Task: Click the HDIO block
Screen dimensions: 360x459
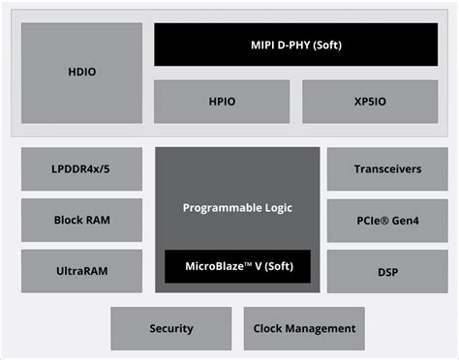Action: (x=81, y=72)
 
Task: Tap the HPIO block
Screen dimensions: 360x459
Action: (x=222, y=102)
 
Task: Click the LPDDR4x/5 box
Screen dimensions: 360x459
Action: (x=81, y=169)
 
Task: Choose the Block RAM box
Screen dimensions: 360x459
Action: (x=81, y=220)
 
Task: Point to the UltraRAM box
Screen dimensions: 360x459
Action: (x=81, y=271)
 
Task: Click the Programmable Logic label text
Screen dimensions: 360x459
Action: (x=237, y=208)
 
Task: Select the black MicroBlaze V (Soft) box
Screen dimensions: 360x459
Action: (x=237, y=266)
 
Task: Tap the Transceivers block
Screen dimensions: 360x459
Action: (x=387, y=169)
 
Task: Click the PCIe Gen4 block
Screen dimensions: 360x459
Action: (x=387, y=220)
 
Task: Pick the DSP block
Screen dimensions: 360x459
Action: (x=387, y=271)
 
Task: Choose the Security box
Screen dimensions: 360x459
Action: (x=171, y=329)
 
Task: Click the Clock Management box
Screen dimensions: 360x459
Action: (x=304, y=329)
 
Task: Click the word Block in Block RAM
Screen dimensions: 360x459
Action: (x=69, y=220)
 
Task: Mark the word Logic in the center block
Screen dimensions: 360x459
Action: (x=274, y=208)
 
